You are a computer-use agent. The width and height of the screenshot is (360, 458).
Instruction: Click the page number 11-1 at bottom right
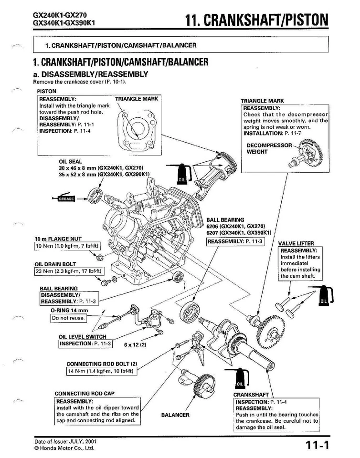click(317, 445)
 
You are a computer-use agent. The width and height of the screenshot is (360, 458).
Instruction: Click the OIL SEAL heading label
click(70, 162)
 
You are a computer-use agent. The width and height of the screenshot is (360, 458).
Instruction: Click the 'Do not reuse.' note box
click(68, 318)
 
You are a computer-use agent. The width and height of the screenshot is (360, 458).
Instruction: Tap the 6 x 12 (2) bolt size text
click(135, 344)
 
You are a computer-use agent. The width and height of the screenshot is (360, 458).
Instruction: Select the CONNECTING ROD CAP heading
click(85, 394)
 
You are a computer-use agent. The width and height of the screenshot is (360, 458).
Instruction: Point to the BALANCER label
click(175, 415)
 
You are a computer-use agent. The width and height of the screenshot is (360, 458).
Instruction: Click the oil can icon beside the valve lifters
click(324, 296)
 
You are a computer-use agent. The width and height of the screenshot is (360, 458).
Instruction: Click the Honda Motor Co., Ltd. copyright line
click(64, 448)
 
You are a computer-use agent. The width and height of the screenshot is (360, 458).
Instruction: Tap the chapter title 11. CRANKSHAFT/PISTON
click(257, 20)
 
